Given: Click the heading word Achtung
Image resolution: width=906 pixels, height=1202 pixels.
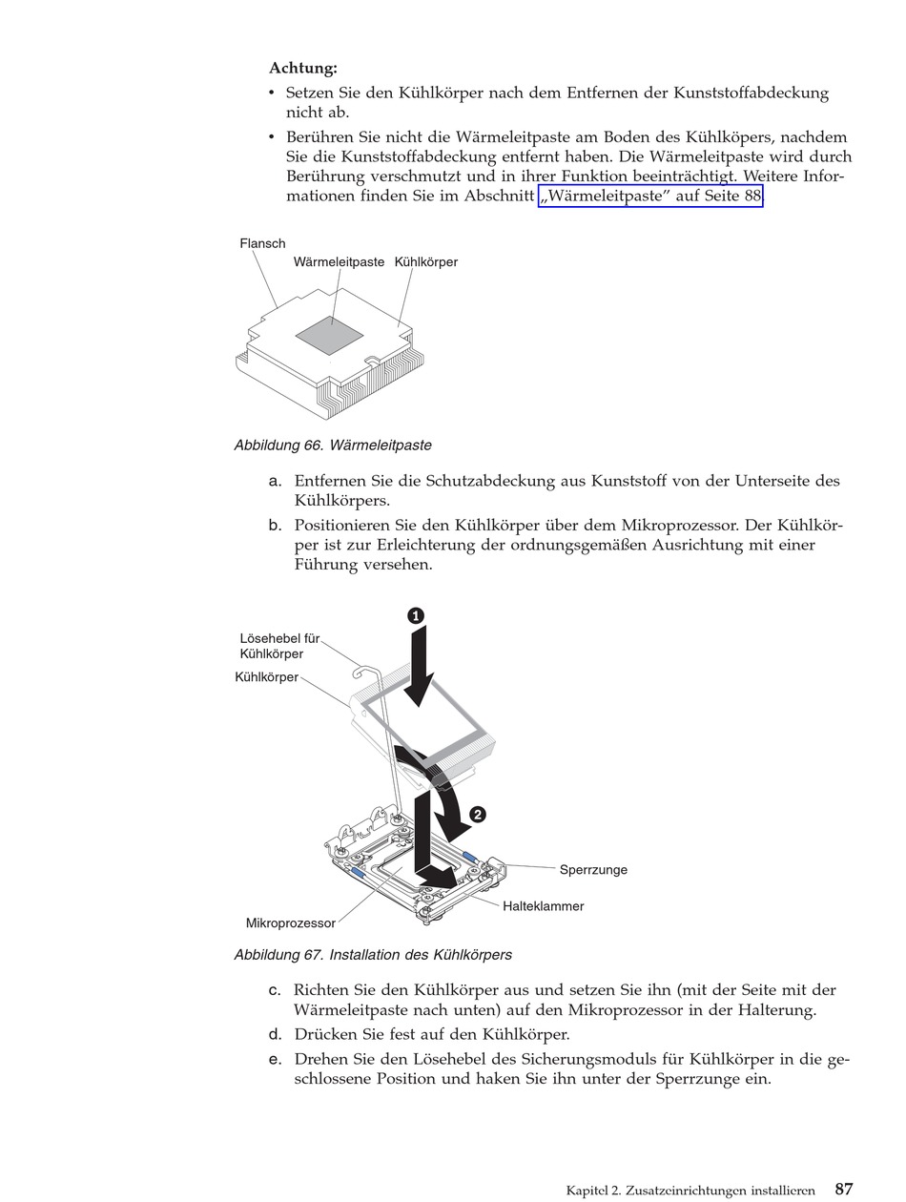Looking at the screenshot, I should (x=303, y=69).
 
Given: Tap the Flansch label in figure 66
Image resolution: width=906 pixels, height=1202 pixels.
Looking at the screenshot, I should (x=262, y=244).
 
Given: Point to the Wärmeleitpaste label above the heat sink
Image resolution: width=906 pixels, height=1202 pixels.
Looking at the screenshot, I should (x=339, y=262).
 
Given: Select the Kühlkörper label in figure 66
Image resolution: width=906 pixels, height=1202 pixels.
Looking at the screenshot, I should (x=426, y=262).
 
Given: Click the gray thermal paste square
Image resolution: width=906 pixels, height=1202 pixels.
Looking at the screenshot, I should (x=330, y=334).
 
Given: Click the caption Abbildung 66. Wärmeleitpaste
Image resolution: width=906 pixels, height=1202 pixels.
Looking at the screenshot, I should (x=333, y=446).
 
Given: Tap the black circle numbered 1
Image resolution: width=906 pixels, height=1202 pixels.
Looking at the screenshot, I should (x=416, y=616).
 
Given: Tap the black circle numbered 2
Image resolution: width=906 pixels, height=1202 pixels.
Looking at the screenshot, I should (x=478, y=815).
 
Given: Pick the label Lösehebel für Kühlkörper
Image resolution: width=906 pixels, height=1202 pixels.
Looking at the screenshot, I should (x=279, y=646).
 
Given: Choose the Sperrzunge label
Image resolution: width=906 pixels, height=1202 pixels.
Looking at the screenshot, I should (x=593, y=870).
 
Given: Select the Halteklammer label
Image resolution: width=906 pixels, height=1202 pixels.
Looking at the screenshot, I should (x=543, y=906).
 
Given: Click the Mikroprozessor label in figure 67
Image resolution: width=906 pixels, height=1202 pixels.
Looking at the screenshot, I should (x=291, y=923).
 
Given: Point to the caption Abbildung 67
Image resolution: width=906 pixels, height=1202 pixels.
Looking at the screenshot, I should (x=373, y=955).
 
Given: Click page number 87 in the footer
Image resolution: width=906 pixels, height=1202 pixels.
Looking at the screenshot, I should (x=844, y=1190).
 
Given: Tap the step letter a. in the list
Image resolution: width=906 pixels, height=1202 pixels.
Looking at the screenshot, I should (x=276, y=482).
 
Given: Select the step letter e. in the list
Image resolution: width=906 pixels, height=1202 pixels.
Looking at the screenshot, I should (x=276, y=1060).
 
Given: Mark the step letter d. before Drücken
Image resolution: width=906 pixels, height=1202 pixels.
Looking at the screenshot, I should (x=276, y=1035).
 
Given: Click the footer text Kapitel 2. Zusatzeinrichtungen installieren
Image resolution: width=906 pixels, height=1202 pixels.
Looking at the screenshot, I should (x=690, y=1191).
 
